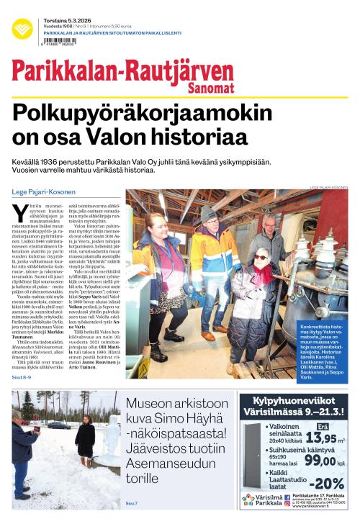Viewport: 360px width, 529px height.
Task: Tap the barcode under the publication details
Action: pos(60,42)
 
